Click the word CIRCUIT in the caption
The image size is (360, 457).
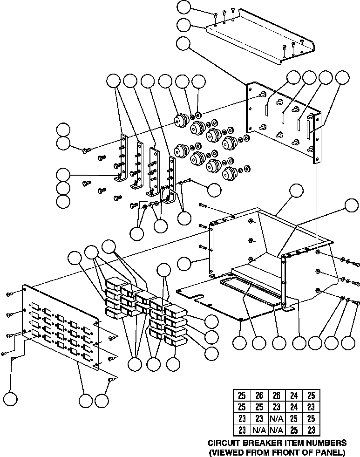pyautogui.click(x=222, y=443)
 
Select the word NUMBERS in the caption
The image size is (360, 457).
pyautogui.click(x=326, y=443)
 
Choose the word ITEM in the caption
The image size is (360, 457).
pyautogui.click(x=289, y=443)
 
